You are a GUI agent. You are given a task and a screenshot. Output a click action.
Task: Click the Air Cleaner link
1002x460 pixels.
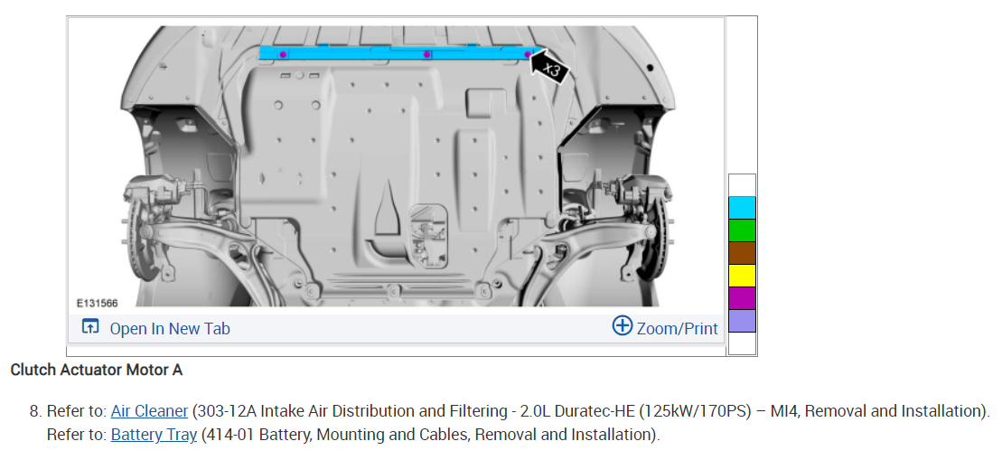(150, 411)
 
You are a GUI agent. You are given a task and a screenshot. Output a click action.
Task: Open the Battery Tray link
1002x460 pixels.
(154, 435)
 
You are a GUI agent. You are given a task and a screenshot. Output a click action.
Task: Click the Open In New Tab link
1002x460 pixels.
(170, 328)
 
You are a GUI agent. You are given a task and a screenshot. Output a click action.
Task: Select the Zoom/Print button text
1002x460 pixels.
(678, 328)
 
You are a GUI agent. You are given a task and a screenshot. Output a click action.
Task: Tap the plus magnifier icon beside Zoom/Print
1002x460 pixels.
(622, 326)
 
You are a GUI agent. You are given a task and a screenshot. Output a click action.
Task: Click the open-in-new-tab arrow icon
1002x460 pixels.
(90, 326)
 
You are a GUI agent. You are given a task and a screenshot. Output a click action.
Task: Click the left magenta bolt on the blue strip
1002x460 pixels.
(283, 54)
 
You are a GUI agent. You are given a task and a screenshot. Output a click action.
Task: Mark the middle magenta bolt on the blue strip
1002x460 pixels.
(427, 54)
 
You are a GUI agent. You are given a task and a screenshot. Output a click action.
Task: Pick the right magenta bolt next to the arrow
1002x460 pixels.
(528, 54)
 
